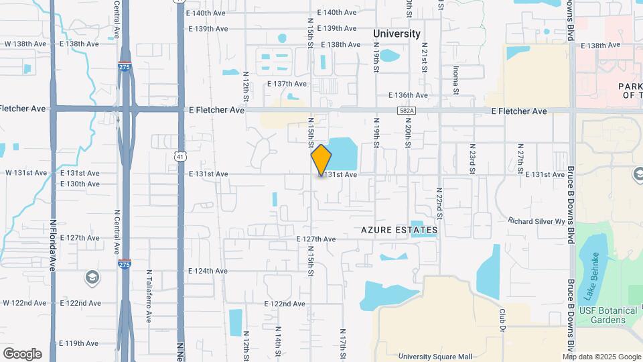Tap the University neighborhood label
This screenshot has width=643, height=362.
(397, 34)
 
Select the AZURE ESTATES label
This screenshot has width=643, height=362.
(399, 230)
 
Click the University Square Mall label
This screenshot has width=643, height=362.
(444, 357)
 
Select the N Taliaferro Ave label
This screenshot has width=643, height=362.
(149, 296)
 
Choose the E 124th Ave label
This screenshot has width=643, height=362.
(208, 271)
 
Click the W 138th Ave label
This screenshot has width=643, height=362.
(25, 44)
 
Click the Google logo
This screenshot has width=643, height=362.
(22, 354)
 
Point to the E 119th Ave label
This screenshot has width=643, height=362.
(79, 343)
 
